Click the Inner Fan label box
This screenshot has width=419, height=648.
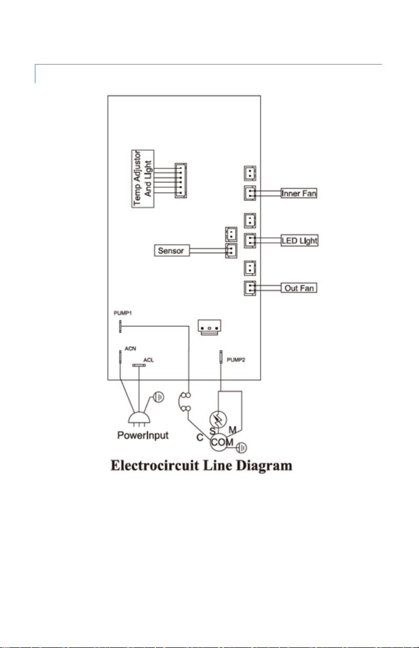[299, 193]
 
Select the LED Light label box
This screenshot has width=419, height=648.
[300, 240]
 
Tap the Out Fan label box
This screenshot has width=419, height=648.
[299, 288]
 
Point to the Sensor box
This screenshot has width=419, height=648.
[172, 251]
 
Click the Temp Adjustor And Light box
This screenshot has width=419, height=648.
[143, 178]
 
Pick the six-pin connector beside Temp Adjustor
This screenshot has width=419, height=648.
[181, 180]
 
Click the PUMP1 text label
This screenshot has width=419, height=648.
[123, 313]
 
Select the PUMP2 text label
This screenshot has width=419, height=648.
[236, 360]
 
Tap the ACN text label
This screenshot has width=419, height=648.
[131, 349]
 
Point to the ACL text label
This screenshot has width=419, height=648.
[148, 360]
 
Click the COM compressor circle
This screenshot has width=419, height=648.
[219, 442]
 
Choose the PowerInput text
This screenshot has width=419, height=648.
[143, 435]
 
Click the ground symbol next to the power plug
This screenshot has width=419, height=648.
[158, 397]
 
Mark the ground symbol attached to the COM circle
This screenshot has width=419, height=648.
[241, 448]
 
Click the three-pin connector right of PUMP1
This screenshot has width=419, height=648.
[209, 327]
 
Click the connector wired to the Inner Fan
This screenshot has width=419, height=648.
[250, 193]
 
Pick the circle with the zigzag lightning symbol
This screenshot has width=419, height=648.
[218, 419]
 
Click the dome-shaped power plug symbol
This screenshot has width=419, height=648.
[139, 417]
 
